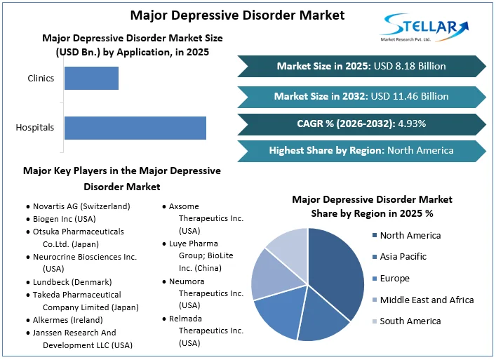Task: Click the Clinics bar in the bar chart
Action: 91,78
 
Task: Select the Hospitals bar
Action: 135,128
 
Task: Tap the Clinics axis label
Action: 41,78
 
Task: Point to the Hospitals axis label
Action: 35,128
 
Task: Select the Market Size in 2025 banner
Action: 361,66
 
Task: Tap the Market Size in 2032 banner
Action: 361,96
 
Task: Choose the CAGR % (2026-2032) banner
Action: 361,124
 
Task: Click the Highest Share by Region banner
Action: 361,150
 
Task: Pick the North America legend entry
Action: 410,235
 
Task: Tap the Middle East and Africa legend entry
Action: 426,300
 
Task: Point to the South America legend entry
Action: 410,321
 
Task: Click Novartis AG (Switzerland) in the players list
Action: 81,206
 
